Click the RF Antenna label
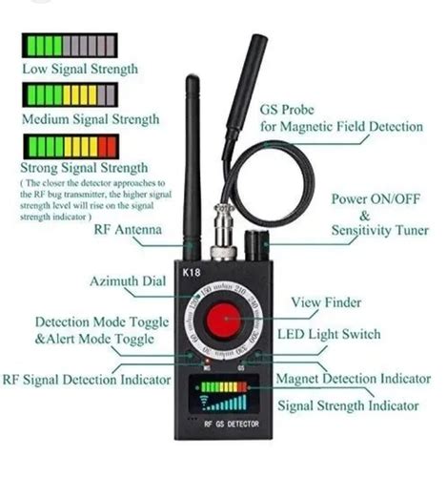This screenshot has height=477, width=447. pos(127,230)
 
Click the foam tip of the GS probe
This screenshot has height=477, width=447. pos(255,57)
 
